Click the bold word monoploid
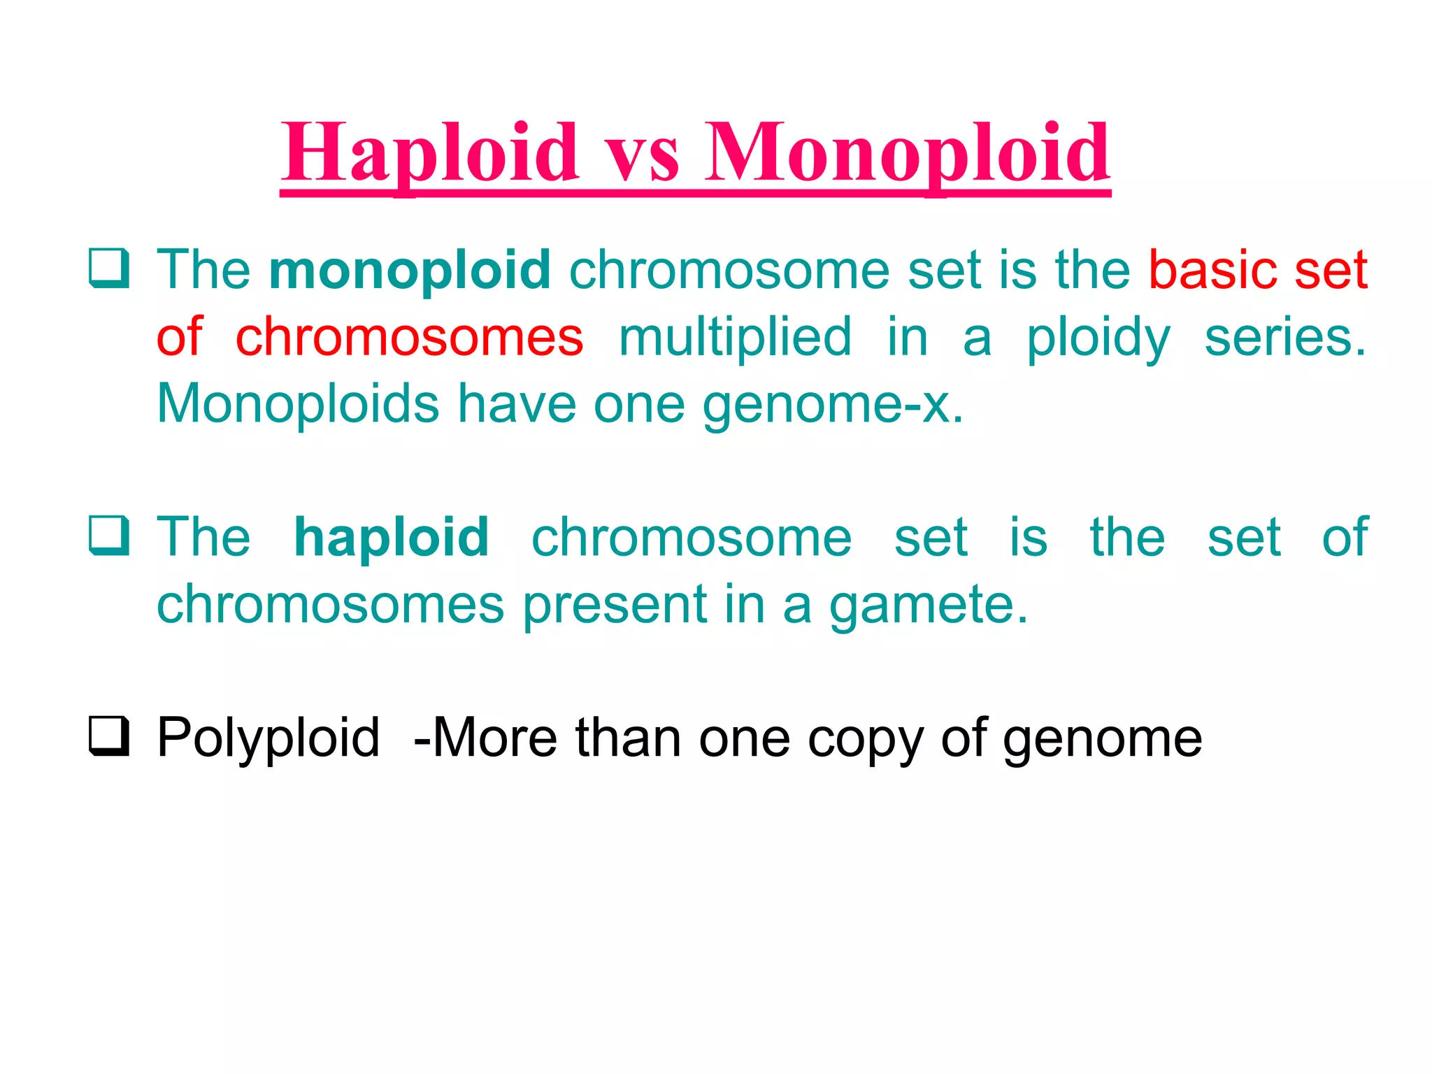410,271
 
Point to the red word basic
1213,271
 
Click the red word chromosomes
409,337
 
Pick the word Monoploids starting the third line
298,404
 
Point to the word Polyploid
268,738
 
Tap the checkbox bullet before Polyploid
109,736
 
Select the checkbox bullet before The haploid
109,536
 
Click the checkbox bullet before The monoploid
109,268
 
